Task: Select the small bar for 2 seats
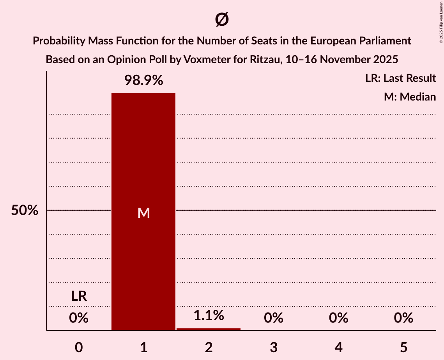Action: [209, 329]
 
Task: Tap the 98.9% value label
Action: [143, 80]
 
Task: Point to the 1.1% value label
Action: [209, 315]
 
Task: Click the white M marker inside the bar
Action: [143, 213]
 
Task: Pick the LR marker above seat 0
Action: [79, 296]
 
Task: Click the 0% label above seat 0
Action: [79, 318]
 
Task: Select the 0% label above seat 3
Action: [274, 318]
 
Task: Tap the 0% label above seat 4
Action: [338, 318]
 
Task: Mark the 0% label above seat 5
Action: [403, 318]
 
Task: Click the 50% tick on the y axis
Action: [25, 210]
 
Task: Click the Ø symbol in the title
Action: [222, 19]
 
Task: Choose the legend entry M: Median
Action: [410, 97]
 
